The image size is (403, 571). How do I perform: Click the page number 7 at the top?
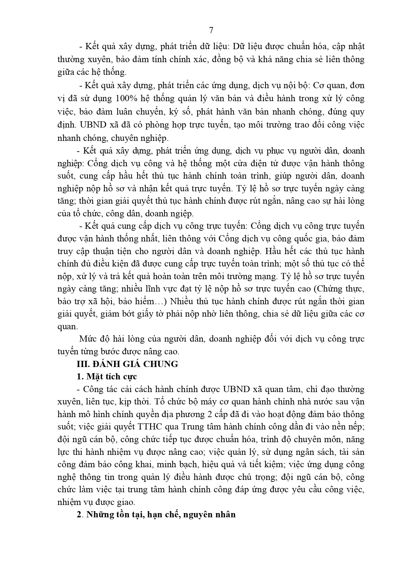(211, 30)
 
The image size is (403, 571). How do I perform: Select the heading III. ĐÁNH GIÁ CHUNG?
(127, 364)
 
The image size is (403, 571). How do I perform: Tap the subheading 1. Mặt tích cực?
(107, 376)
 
